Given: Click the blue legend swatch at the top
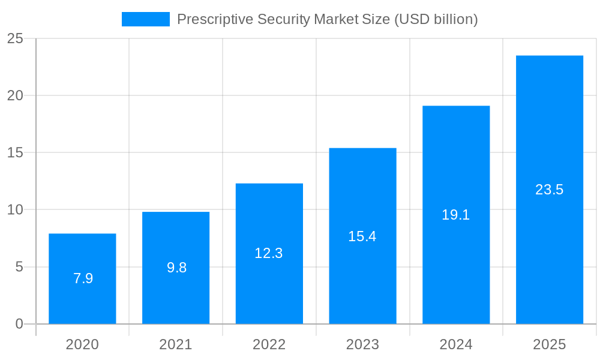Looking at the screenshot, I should [x=146, y=19].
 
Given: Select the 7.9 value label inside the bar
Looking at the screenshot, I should [x=83, y=278].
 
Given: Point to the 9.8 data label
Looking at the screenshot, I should [x=176, y=268].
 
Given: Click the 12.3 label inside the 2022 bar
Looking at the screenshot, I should [x=268, y=253].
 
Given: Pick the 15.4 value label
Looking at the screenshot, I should [x=362, y=236].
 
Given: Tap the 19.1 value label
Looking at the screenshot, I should [x=455, y=215].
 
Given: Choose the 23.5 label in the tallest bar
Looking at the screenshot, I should [x=549, y=190].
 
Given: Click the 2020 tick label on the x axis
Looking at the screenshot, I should [x=82, y=344].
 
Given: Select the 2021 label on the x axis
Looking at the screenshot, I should [x=176, y=344].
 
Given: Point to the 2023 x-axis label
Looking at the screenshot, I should [x=362, y=344].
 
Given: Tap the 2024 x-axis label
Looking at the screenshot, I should [x=456, y=344].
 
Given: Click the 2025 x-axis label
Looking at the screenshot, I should [x=550, y=344].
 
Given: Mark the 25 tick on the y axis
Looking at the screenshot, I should [x=15, y=39].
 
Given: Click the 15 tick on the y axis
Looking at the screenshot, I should [x=15, y=153].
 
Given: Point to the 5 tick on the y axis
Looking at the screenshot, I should [x=19, y=267].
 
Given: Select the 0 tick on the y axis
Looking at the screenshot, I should [x=19, y=324].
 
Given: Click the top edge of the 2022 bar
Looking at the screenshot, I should [x=269, y=184].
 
